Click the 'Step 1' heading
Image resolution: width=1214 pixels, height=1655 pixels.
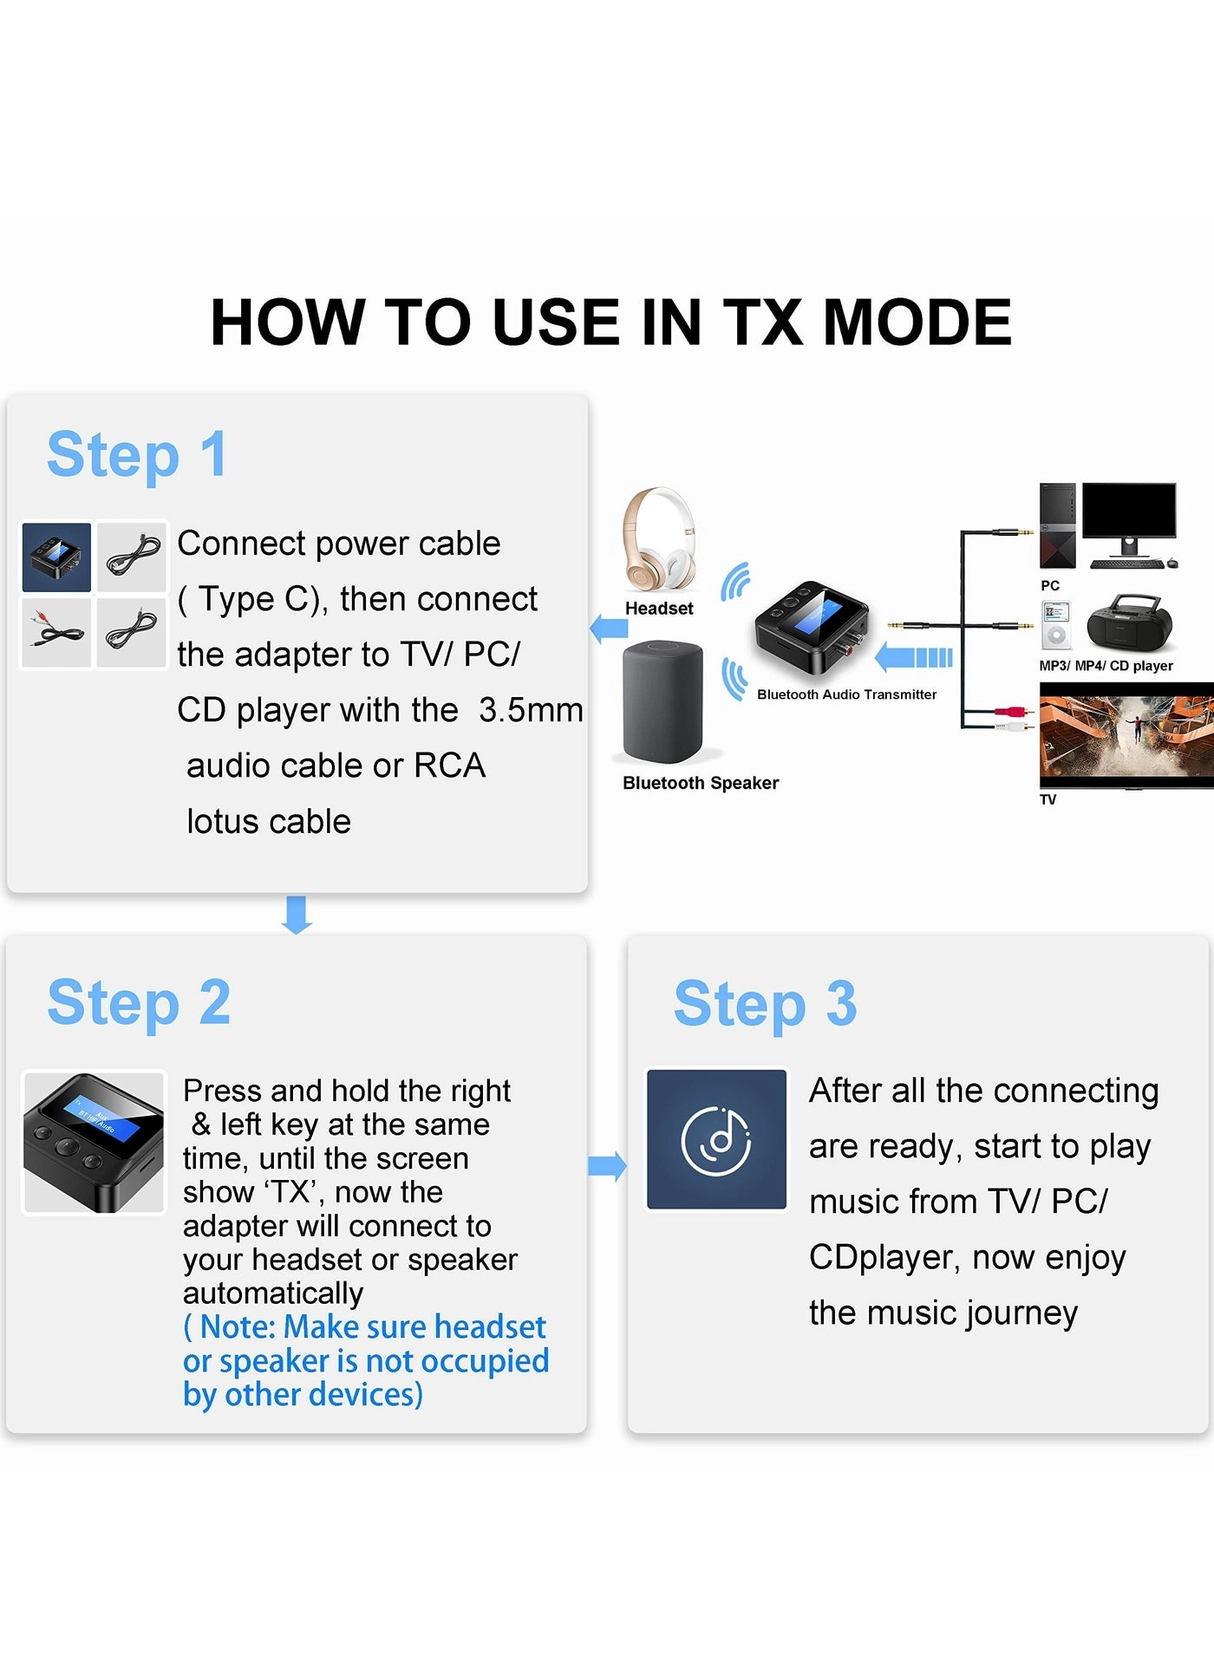pyautogui.click(x=137, y=454)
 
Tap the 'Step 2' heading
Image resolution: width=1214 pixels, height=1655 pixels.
pyautogui.click(x=139, y=1002)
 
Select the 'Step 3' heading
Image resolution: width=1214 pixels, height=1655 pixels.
pyautogui.click(x=765, y=1004)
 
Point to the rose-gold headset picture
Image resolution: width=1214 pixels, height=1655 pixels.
pyautogui.click(x=659, y=539)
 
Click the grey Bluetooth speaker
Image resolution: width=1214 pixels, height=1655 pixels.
pyautogui.click(x=662, y=700)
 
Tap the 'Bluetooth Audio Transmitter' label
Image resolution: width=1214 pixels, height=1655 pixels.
pyautogui.click(x=846, y=694)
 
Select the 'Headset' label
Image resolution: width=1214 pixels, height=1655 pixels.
pyautogui.click(x=659, y=609)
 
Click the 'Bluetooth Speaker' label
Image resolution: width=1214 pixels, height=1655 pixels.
pyautogui.click(x=701, y=783)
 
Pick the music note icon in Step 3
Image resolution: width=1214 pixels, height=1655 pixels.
pyautogui.click(x=717, y=1139)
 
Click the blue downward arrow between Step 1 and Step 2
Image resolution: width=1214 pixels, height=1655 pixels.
pyautogui.click(x=297, y=914)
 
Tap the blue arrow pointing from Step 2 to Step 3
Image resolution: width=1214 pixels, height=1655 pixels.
pyautogui.click(x=607, y=1166)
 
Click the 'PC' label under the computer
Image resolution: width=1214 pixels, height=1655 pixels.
pyautogui.click(x=1049, y=585)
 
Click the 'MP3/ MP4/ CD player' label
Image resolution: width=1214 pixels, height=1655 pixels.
pyautogui.click(x=1106, y=666)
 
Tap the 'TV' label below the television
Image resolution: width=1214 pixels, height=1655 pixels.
pyautogui.click(x=1048, y=799)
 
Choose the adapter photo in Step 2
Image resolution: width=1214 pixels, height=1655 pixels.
pyautogui.click(x=94, y=1142)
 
